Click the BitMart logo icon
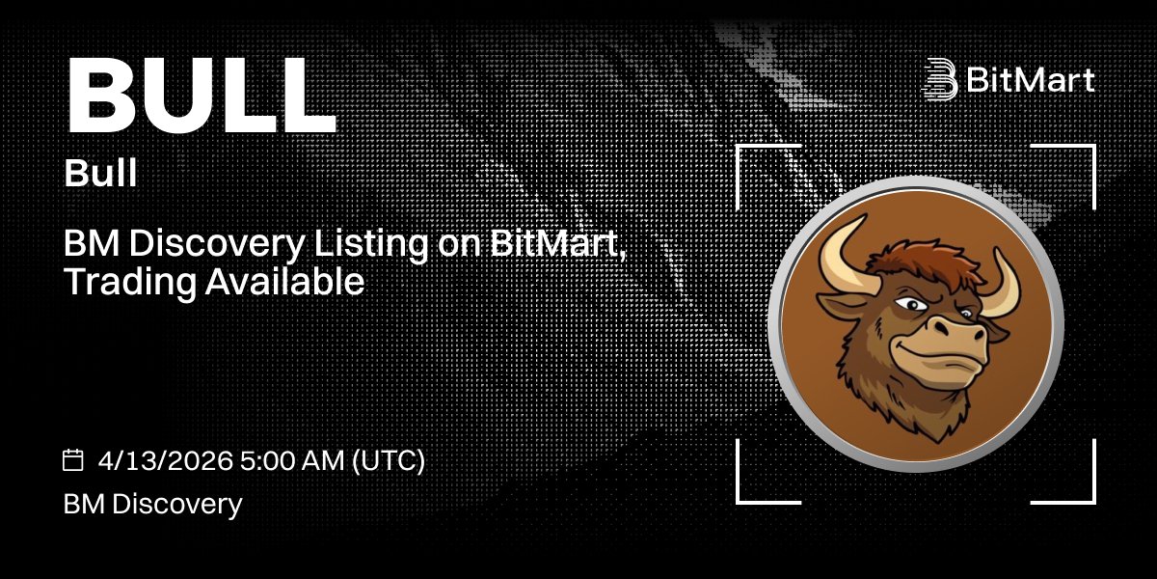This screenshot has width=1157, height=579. (939, 79)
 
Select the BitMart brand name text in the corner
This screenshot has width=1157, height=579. (1031, 80)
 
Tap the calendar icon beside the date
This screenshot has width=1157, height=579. (73, 460)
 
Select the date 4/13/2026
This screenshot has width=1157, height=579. (166, 460)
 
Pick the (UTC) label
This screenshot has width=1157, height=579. (389, 460)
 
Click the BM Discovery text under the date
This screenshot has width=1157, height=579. (152, 503)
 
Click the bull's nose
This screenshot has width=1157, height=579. (955, 333)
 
